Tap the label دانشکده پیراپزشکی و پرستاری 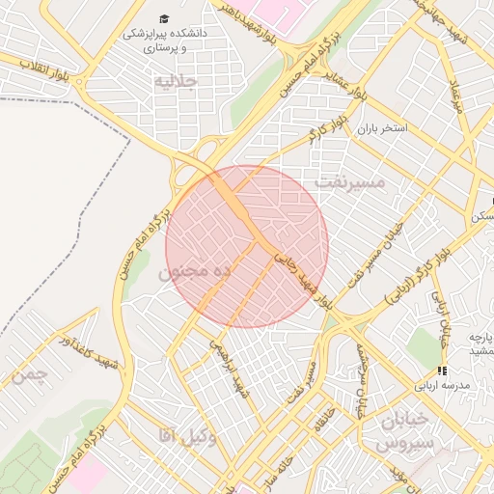tap(164, 40)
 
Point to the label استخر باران tap(382, 128)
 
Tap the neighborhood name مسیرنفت tap(349, 181)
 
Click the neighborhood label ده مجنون tap(194, 272)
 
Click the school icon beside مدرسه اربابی tap(441, 370)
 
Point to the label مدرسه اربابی tap(441, 385)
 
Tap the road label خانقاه tap(316, 415)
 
